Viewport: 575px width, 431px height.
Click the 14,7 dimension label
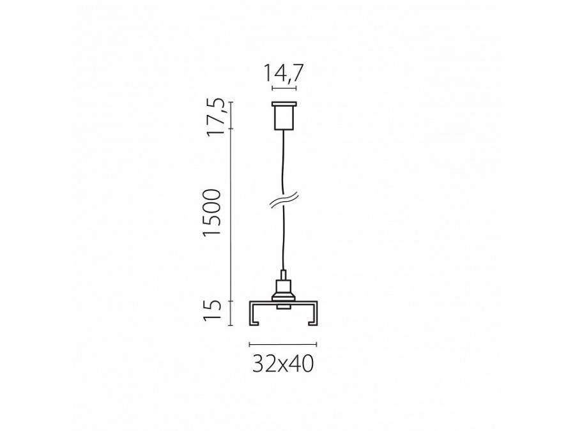[284, 74]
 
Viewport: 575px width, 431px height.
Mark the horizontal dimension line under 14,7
[284, 88]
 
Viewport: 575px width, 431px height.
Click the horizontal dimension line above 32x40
[283, 344]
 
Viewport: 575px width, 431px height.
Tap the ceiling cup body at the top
[284, 117]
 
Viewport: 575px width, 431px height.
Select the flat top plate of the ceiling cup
[284, 105]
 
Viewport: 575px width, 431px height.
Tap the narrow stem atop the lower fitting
[282, 276]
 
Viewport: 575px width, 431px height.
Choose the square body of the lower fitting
[282, 285]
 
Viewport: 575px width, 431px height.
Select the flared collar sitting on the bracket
[282, 296]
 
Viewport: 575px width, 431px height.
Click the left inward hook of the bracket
[254, 323]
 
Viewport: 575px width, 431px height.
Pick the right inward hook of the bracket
[311, 323]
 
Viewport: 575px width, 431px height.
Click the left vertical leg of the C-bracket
[250, 313]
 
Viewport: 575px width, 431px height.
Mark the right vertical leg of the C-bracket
[316, 313]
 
